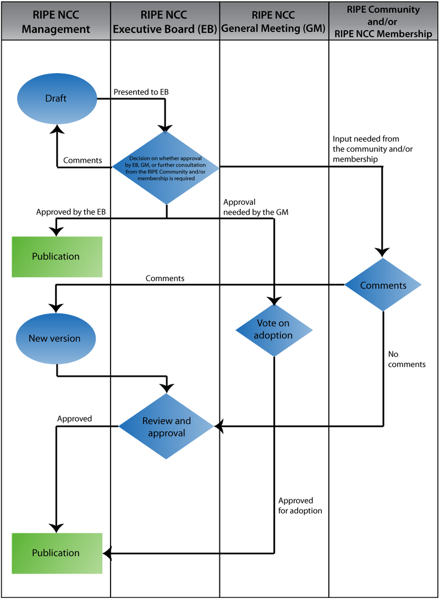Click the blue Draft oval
(56, 98)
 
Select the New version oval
(55, 339)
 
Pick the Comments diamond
(383, 285)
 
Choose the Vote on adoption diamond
(274, 329)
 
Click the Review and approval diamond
(166, 427)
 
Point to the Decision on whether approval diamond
(166, 167)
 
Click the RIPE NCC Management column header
(56, 20)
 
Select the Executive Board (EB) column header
(165, 20)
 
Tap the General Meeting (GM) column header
(274, 20)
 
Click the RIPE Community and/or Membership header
(384, 20)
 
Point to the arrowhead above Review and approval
(166, 387)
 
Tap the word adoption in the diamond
(274, 335)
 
